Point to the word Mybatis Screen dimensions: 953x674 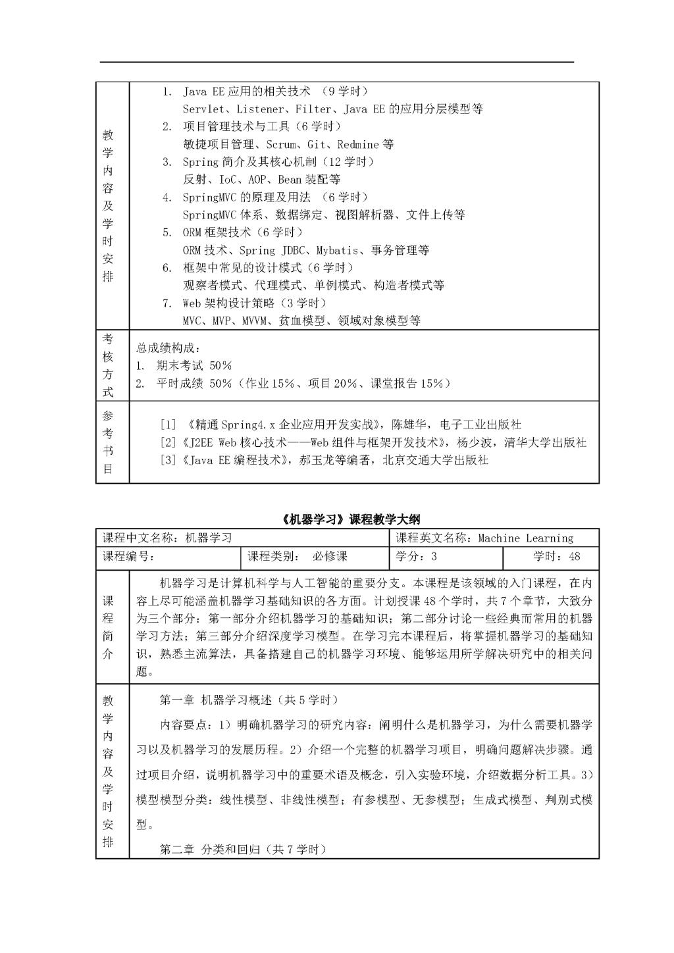(x=338, y=250)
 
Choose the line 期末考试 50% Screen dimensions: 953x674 (x=194, y=366)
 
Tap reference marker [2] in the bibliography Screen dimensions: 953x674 (x=168, y=443)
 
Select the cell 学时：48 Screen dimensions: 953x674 (x=557, y=557)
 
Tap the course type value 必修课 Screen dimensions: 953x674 (x=330, y=557)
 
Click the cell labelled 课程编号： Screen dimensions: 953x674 (x=129, y=557)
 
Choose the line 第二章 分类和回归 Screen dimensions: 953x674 (x=244, y=850)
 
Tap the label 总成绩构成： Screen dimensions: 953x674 (x=167, y=348)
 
